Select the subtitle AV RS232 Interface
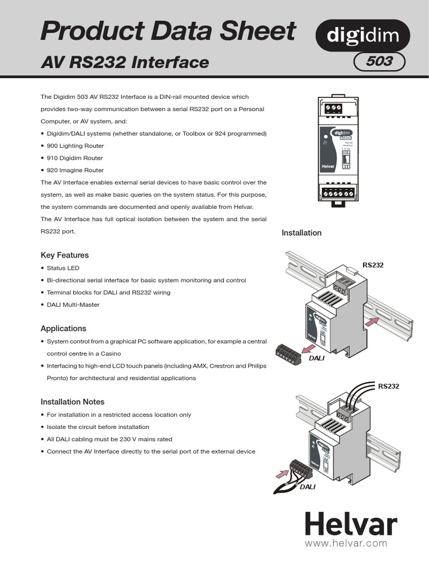pos(125,63)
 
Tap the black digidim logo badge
pos(363,36)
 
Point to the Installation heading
pos(301,232)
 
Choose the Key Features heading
pos(65,255)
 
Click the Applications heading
pos(64,328)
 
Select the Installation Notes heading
pos(73,402)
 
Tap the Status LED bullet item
pos(63,268)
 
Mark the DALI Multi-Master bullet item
pos(74,304)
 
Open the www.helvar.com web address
pos(346,543)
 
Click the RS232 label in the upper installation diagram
pos(373,265)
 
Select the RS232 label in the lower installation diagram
pos(389,385)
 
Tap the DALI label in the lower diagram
pos(307,487)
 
